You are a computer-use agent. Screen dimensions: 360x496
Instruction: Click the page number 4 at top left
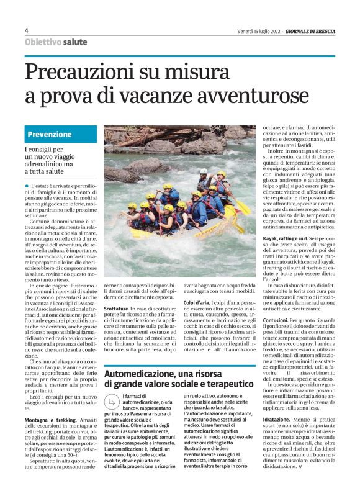[27, 30]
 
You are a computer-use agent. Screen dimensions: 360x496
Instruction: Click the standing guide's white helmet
[203, 171]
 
